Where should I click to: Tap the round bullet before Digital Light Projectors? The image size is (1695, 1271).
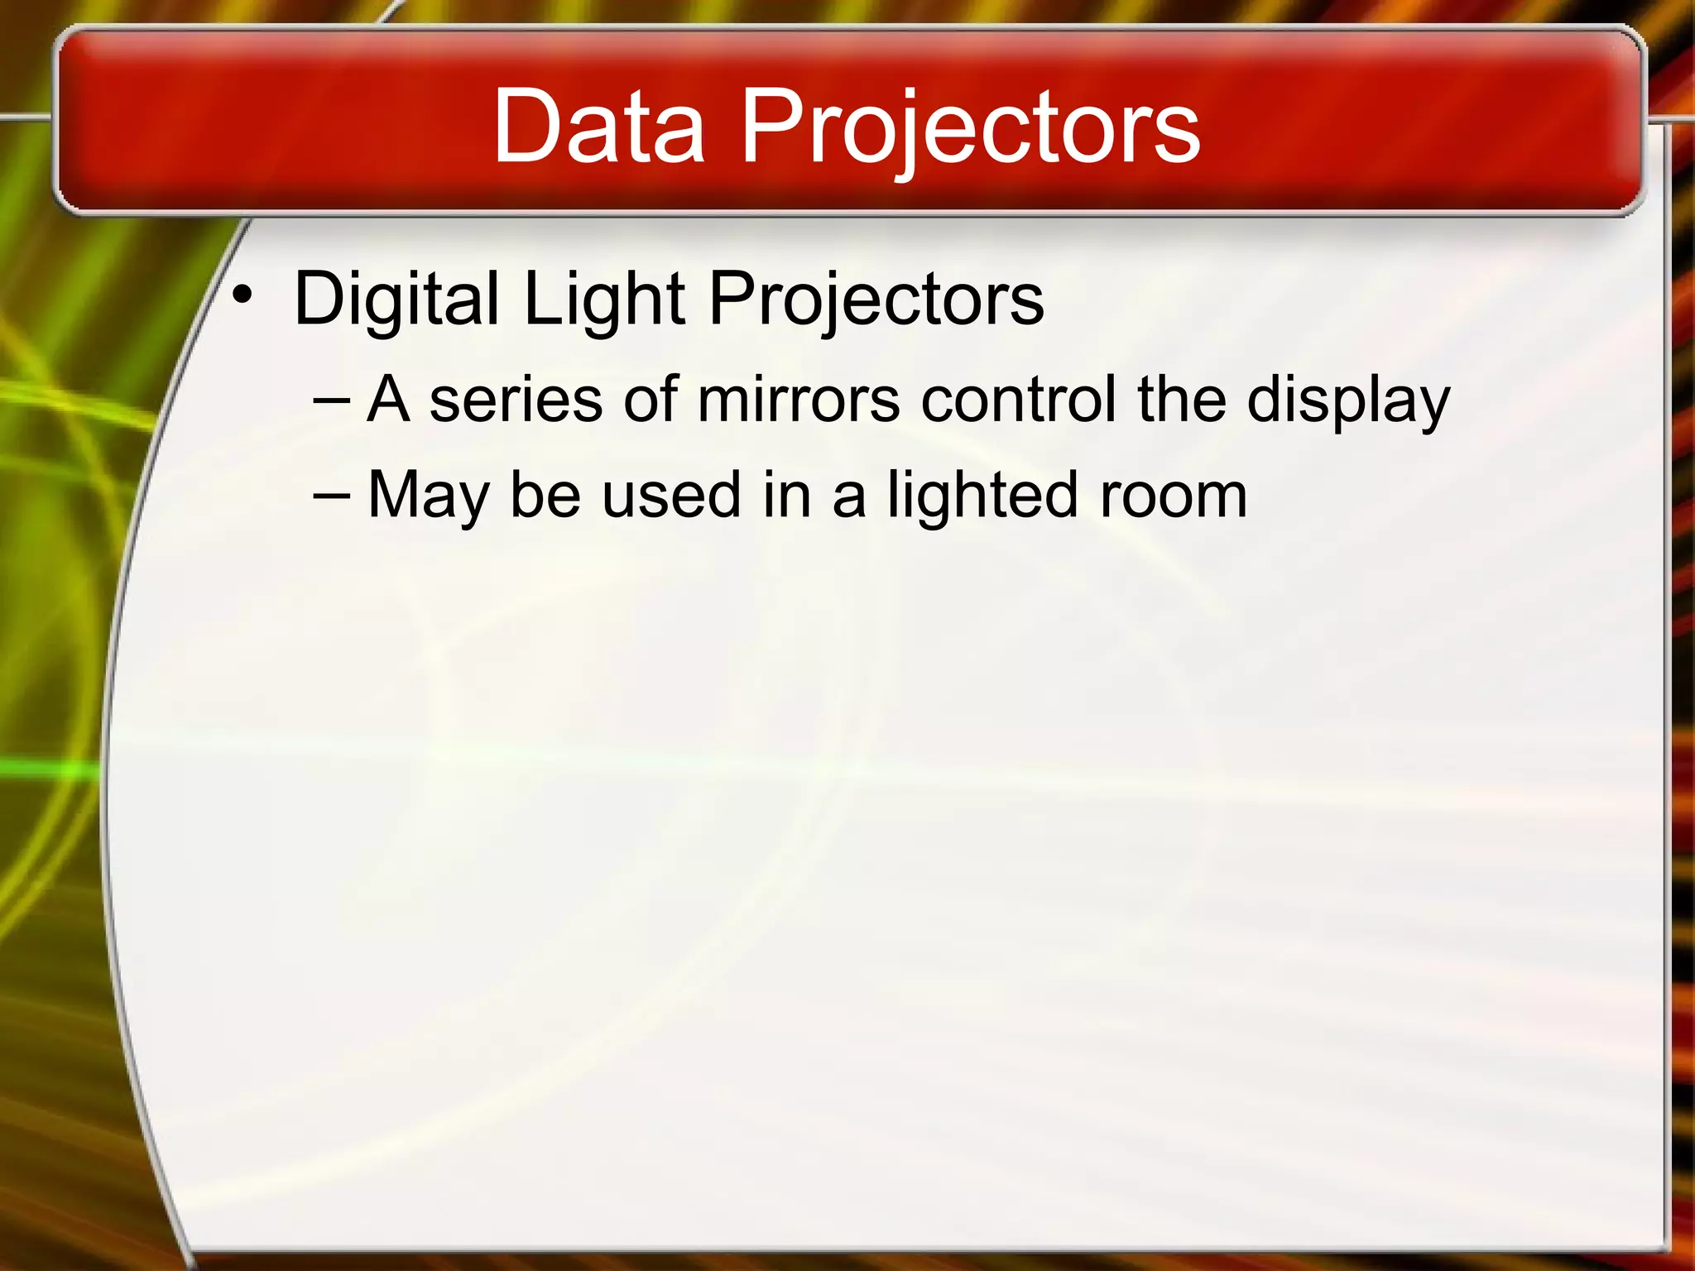pos(241,295)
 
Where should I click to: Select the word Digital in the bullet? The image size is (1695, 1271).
pos(396,300)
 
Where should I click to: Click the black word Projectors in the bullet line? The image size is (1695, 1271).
pos(876,300)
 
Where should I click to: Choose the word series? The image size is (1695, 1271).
pos(516,400)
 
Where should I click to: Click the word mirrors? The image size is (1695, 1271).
pos(799,400)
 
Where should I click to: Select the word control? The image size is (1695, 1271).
pos(1019,400)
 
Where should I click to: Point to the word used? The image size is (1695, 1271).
pos(670,495)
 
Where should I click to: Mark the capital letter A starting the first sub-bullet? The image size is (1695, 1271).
pos(389,400)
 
